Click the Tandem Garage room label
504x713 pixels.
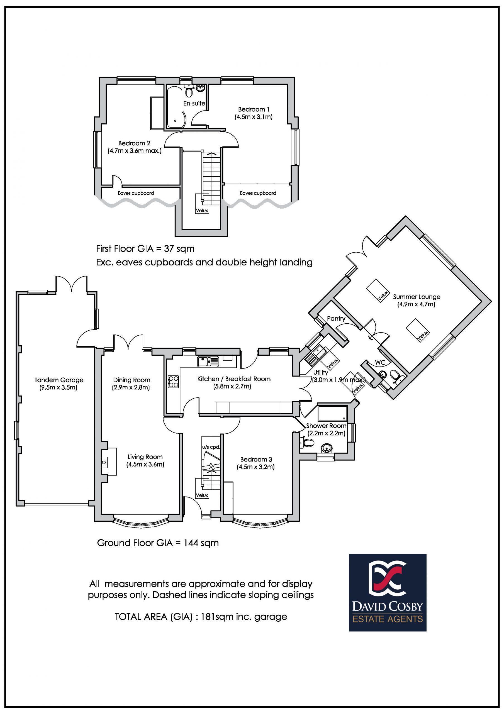click(x=59, y=380)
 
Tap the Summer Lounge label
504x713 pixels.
click(x=417, y=297)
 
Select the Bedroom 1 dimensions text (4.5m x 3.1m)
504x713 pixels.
click(x=254, y=117)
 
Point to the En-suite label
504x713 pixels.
click(x=194, y=103)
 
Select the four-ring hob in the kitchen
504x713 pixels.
click(x=173, y=382)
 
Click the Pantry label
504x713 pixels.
click(x=336, y=318)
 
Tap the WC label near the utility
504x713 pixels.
click(x=380, y=362)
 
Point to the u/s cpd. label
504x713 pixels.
click(x=211, y=448)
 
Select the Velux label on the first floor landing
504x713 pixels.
click(x=202, y=211)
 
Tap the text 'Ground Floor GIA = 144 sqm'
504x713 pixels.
click(x=158, y=543)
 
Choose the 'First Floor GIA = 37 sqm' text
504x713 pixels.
click(x=145, y=249)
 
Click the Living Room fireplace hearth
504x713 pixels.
click(x=108, y=462)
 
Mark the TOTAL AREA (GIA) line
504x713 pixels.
click(x=201, y=623)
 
